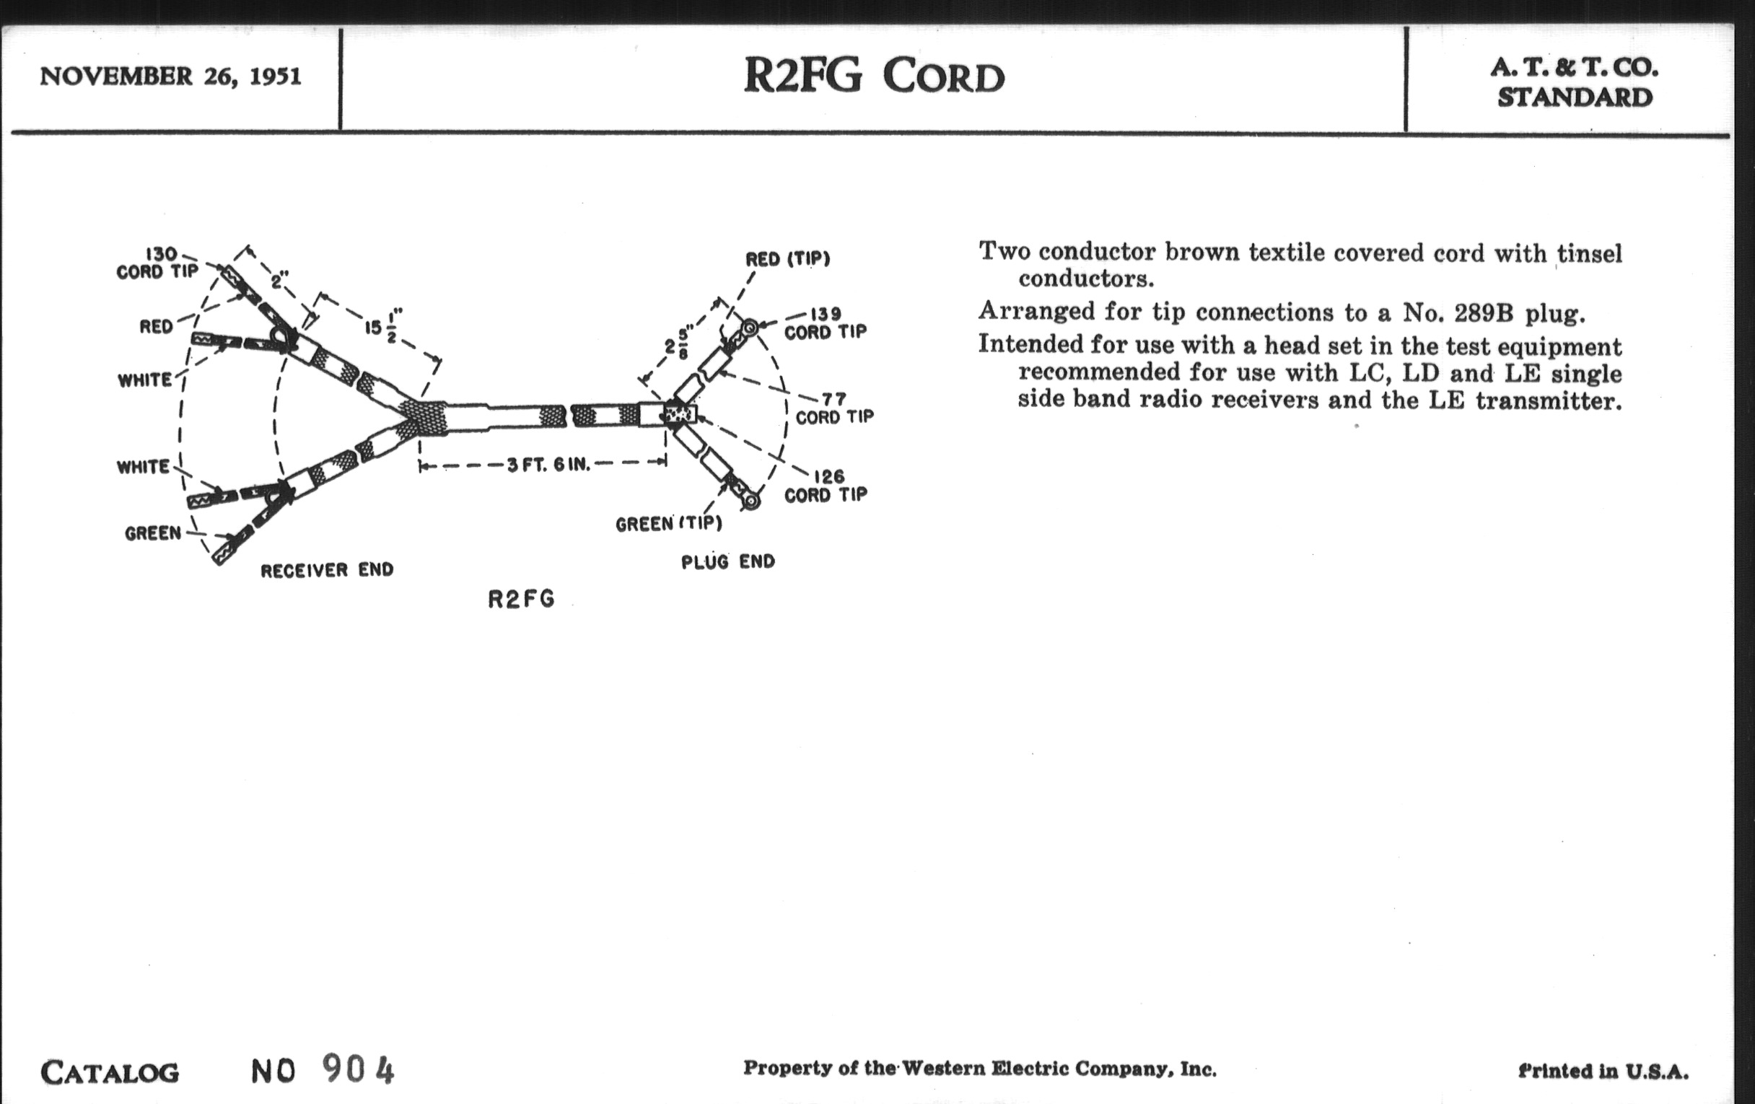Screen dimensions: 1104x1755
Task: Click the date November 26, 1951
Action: click(170, 76)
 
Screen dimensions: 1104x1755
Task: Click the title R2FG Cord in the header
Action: click(874, 76)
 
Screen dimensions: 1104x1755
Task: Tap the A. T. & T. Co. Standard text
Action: click(1575, 83)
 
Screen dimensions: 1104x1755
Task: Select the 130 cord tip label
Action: click(158, 263)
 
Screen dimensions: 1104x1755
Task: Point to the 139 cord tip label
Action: click(826, 323)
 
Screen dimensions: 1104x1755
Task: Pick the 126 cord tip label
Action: click(826, 486)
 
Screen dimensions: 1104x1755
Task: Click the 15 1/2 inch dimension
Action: click(383, 327)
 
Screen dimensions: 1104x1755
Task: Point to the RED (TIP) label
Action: click(787, 260)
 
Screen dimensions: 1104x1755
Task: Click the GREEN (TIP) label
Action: click(668, 524)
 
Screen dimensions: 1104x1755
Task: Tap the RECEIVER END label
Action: click(327, 570)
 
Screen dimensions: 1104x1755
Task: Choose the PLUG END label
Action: click(728, 562)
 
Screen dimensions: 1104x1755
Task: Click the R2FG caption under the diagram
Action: click(521, 599)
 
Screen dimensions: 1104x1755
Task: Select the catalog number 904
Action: click(358, 1070)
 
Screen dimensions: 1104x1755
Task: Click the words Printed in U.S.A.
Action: click(1603, 1071)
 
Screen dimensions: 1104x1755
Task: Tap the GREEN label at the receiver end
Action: click(153, 533)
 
